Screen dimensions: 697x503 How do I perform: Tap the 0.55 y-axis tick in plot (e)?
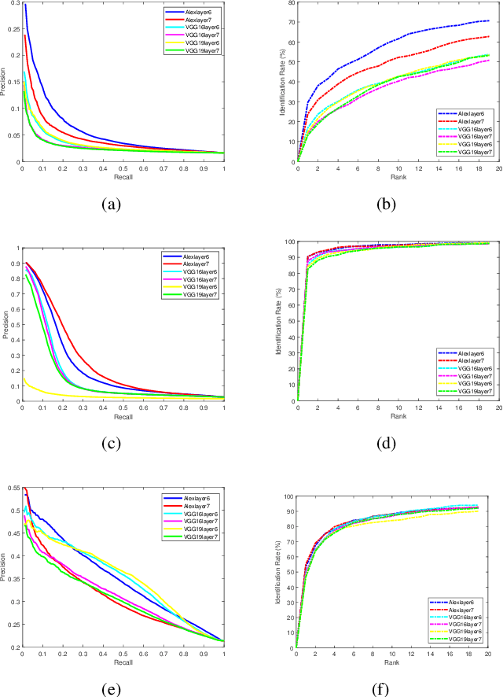click(12, 489)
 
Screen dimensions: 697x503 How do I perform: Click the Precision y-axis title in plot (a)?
click(4, 83)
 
